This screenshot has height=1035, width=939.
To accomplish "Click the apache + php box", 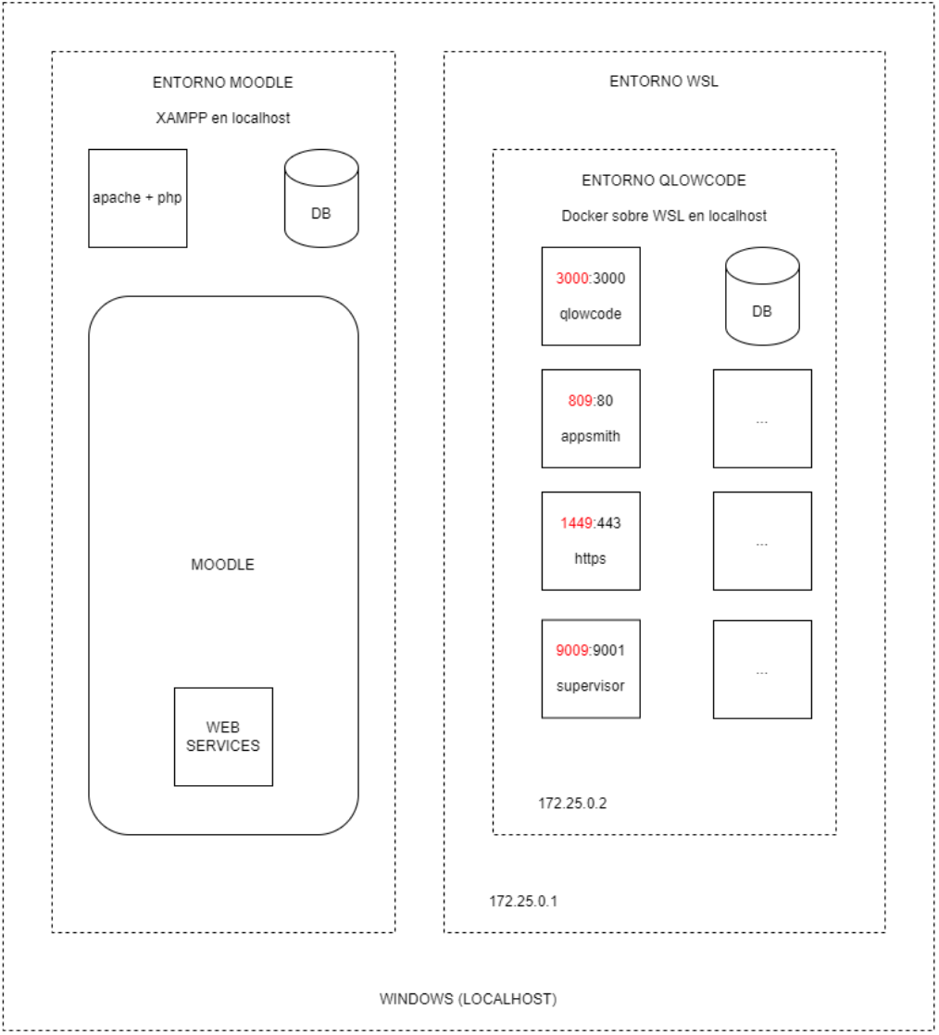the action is pos(137,198).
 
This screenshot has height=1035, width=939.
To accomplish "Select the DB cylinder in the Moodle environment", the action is pos(321,198).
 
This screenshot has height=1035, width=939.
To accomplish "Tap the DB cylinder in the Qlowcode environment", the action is pos(762,295).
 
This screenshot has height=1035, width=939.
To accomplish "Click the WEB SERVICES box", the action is pos(223,737).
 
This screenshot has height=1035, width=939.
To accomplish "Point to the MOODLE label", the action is pos(222,565).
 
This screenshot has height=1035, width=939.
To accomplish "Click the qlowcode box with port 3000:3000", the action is pos(590,295).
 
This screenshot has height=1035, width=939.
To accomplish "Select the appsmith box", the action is pos(590,418).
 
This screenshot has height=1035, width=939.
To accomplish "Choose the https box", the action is pos(590,541).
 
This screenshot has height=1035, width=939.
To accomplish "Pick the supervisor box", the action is pos(590,668).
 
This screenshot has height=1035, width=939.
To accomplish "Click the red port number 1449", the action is pos(576,523).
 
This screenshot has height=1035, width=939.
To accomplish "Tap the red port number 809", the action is pos(580,401).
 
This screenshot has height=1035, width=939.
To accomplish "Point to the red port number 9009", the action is pos(572,650).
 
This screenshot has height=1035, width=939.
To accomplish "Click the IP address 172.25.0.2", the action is pos(572,803).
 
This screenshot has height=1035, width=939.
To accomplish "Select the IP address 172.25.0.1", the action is pos(523,901).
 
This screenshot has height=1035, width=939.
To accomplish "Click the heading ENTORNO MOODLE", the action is pos(222,82).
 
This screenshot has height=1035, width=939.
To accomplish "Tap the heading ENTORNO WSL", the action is pos(664,81).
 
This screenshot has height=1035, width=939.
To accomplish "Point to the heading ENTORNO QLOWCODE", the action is pos(664,181).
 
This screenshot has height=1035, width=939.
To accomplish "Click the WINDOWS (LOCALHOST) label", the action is pos(469,999).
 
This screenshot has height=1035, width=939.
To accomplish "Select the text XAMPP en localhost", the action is pos(222,118).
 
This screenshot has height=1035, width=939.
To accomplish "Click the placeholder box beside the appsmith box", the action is pos(762,418).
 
